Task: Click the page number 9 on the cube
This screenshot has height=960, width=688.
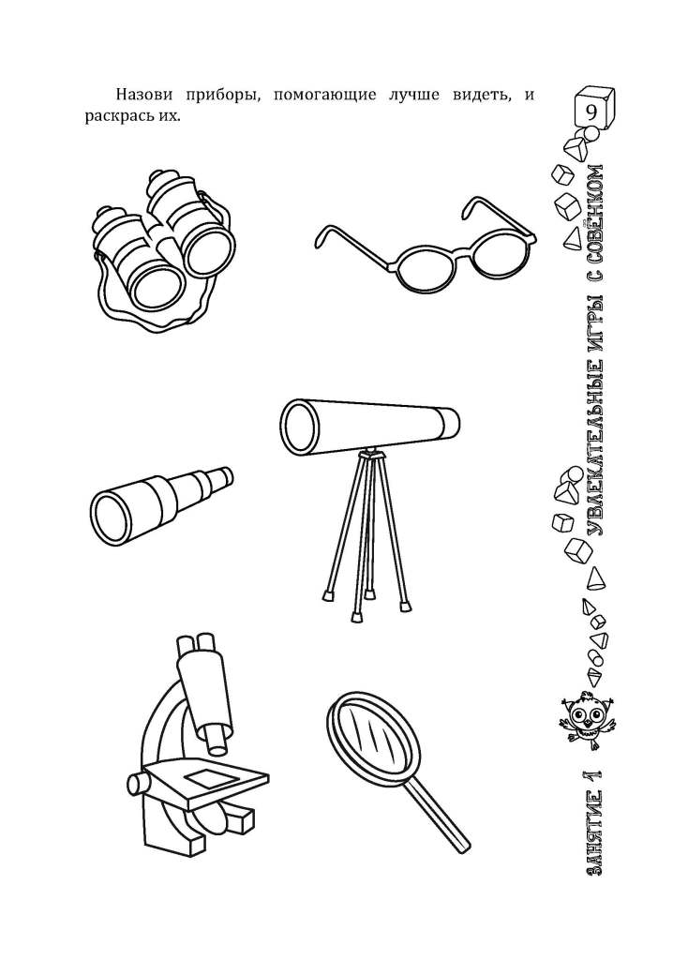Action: (x=591, y=112)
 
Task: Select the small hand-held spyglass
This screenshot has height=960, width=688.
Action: (x=161, y=499)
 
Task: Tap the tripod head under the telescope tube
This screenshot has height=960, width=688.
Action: (x=371, y=454)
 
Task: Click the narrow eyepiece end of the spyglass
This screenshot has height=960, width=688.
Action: (x=225, y=477)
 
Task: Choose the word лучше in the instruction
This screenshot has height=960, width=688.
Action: (x=413, y=97)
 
